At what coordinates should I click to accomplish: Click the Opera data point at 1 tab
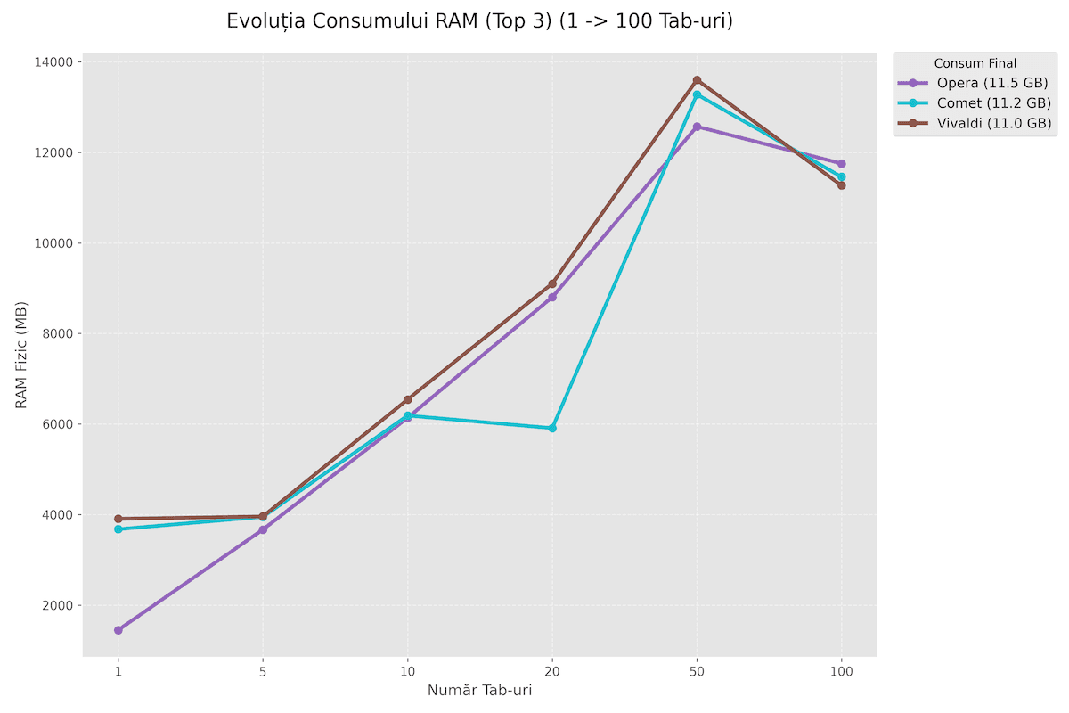coord(118,630)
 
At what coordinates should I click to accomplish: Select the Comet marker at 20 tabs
coord(552,428)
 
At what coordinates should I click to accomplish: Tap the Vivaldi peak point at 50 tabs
coord(697,80)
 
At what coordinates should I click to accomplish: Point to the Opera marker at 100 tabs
coord(841,163)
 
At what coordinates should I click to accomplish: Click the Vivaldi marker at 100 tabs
coord(841,185)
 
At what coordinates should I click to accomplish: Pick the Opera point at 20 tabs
coord(552,297)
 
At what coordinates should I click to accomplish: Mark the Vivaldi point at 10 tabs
coord(408,399)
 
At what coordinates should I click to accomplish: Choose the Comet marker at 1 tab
coord(118,529)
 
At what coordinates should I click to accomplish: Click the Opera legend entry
coord(975,83)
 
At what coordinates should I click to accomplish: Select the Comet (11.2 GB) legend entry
coord(975,102)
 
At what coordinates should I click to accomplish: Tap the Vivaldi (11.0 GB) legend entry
coord(975,123)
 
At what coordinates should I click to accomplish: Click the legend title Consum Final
coord(975,63)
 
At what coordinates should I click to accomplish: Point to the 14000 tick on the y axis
coord(54,62)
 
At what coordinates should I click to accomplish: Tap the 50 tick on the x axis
coord(697,670)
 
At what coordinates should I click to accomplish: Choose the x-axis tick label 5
coord(263,670)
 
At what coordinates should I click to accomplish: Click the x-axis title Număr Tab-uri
coord(479,691)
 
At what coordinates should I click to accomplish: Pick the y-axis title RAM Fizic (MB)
coord(21,355)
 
